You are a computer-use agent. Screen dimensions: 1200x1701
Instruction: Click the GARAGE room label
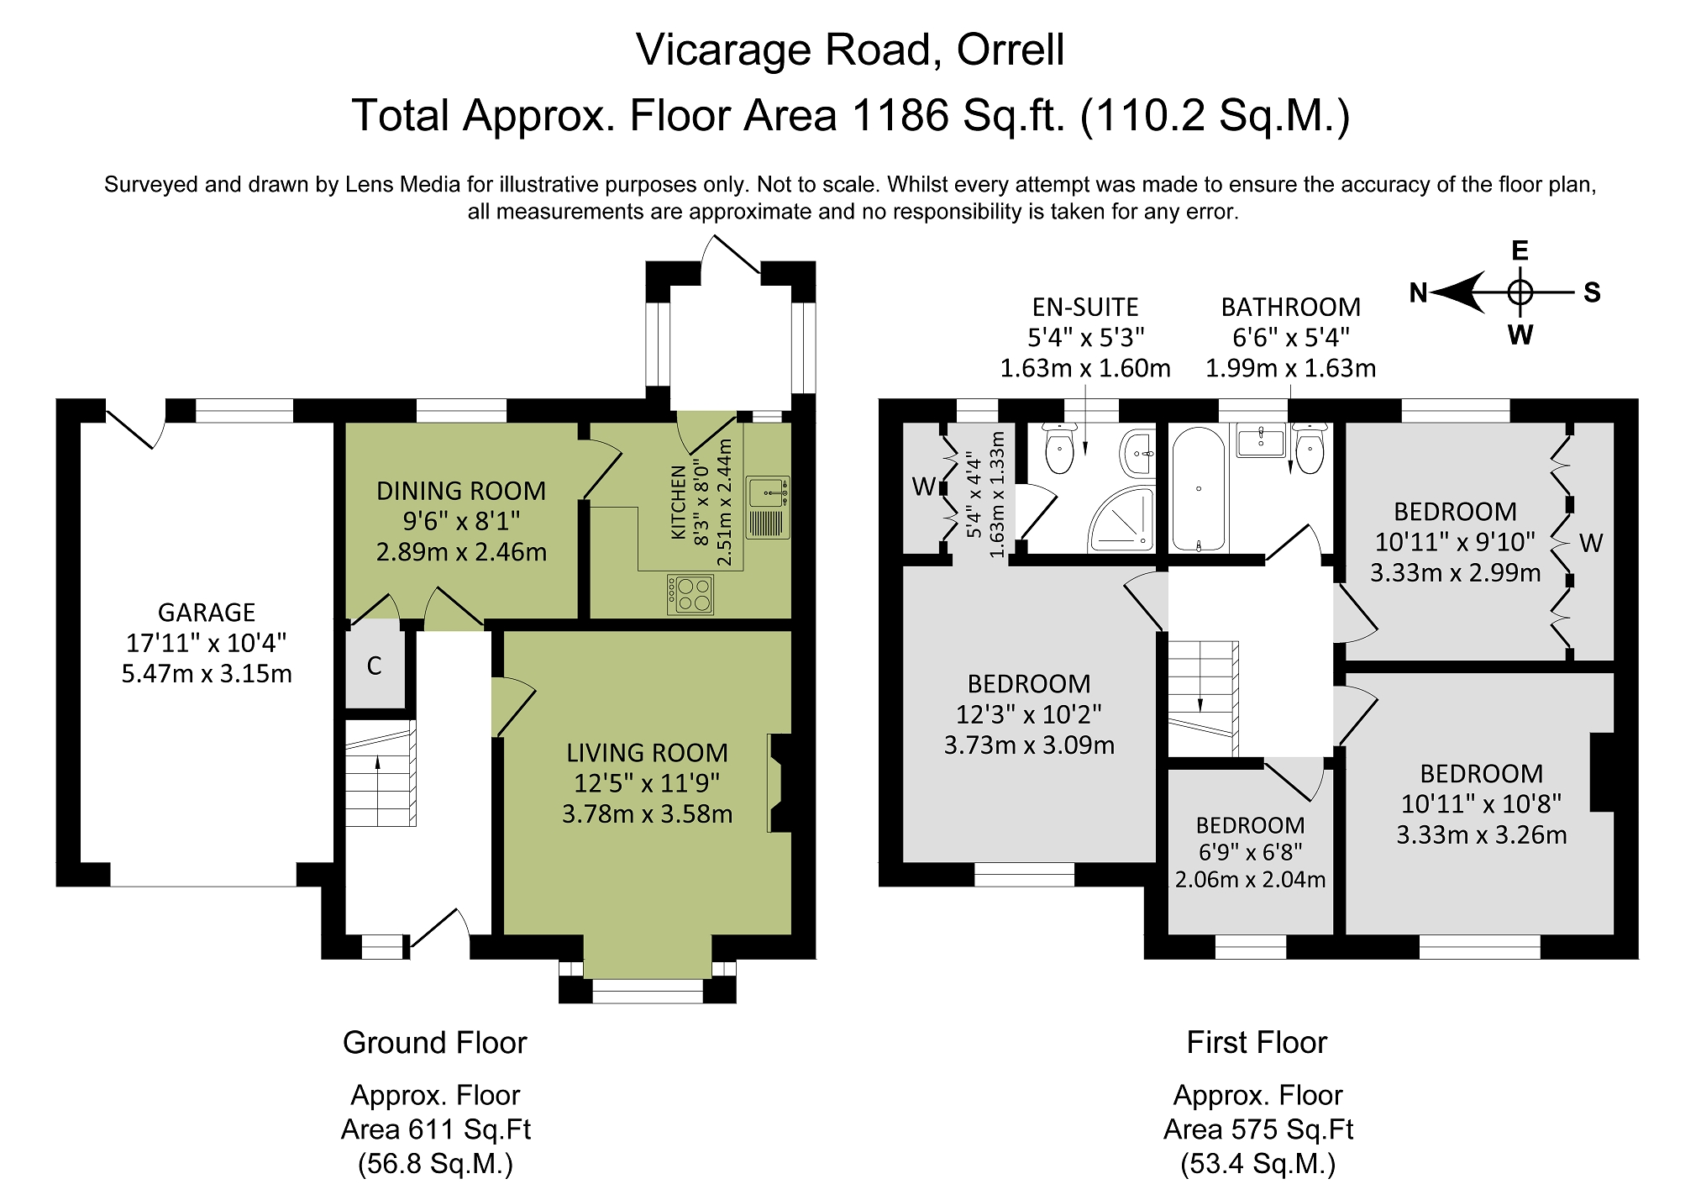207,613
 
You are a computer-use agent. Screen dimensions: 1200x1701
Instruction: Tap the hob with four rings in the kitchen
690,594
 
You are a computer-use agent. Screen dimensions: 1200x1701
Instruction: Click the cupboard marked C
375,666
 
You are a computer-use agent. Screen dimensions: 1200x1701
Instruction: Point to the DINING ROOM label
461,491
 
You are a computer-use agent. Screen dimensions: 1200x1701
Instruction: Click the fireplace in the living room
780,783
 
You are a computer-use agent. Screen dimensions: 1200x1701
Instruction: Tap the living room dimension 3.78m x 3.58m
647,814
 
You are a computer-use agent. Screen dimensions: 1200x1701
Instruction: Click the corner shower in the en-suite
1121,522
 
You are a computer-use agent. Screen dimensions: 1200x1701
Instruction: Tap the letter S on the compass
1592,292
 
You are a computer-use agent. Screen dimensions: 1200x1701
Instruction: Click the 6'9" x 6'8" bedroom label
1251,852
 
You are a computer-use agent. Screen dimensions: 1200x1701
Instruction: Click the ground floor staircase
381,773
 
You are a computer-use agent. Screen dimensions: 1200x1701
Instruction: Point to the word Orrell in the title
1011,50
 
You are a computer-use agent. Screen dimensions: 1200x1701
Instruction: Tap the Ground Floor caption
434,1043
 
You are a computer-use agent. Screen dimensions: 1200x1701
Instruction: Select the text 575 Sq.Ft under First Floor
1293,1129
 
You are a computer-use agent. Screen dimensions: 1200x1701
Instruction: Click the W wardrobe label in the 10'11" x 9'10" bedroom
1590,544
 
